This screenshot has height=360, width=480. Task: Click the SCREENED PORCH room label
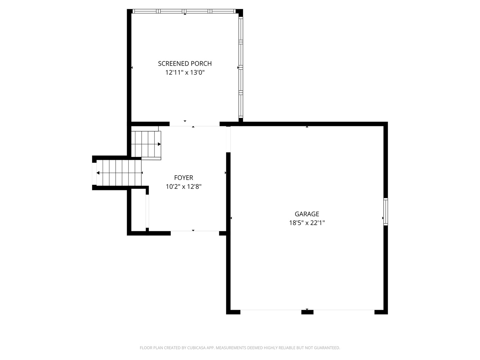pos(185,63)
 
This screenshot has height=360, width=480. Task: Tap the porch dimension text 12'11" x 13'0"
pos(185,72)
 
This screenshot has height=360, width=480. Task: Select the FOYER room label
pos(183,178)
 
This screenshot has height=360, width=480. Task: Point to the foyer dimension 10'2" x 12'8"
pos(183,187)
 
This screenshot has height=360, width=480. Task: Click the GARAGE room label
pos(307,214)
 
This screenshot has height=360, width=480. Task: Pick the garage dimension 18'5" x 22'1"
pos(307,223)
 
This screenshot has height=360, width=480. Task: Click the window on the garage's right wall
pos(386,211)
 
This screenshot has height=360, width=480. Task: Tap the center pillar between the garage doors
pos(307,312)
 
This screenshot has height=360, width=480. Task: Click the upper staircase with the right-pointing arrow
pos(146,144)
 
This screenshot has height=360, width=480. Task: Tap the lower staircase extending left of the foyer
pos(118,173)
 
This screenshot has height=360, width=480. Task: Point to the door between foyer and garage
pos(228,139)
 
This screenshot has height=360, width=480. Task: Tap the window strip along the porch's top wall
pos(184,11)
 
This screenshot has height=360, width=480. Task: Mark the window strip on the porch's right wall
pos(241,67)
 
